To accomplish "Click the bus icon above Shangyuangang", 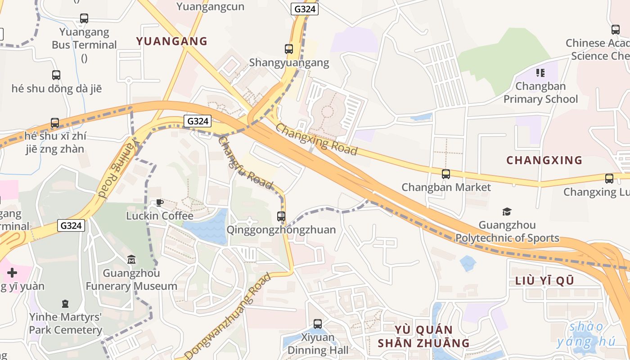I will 289,49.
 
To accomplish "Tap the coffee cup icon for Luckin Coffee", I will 159,202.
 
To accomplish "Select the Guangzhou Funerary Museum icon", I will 131,260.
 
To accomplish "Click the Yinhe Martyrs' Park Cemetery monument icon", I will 66,304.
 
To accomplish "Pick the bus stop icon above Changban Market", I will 446,174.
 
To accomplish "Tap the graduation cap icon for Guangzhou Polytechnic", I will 507,211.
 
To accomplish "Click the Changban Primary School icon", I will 540,73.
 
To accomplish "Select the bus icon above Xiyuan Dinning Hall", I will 318,324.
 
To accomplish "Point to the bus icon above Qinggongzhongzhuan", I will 281,216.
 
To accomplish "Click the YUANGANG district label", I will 171,41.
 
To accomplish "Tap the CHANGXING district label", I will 544,160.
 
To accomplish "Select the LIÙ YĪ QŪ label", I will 544,281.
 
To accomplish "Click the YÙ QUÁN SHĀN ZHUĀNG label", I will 423,336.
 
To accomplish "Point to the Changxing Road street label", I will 316,139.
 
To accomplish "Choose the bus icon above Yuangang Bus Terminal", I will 84,18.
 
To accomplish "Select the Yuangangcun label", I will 210,6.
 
